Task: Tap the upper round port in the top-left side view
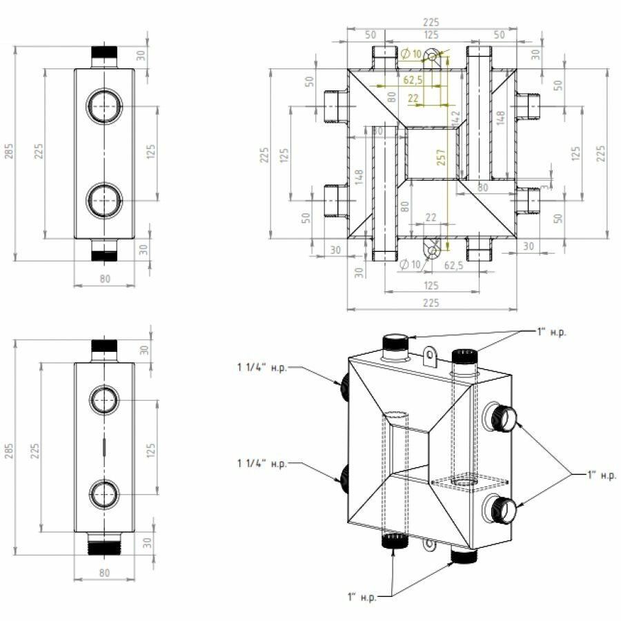point(104,106)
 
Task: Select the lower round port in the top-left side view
point(104,200)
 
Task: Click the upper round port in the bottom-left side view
point(105,400)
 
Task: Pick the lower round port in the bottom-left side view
point(105,494)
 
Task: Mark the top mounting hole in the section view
point(433,56)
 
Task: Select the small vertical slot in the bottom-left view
point(105,447)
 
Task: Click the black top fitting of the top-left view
point(105,52)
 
